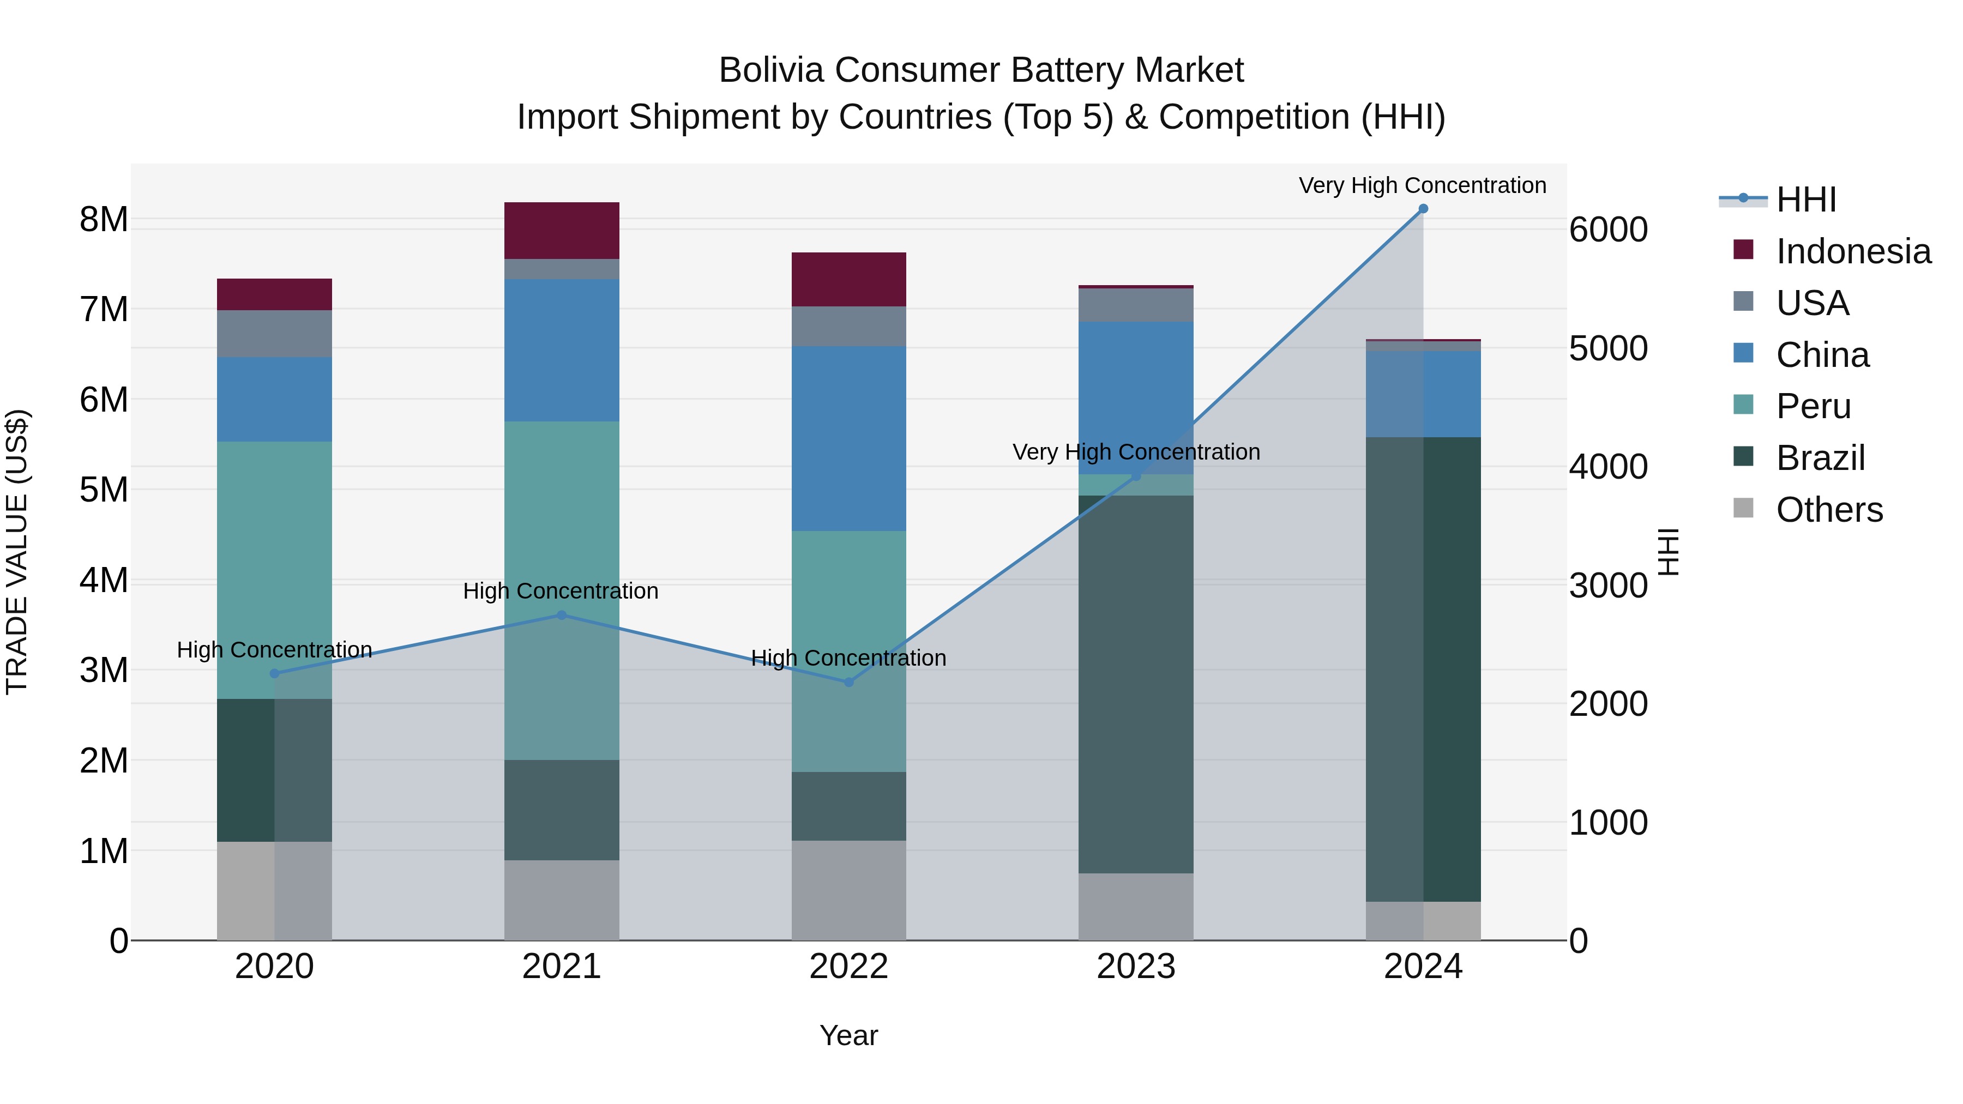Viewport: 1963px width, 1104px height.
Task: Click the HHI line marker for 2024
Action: tap(1423, 209)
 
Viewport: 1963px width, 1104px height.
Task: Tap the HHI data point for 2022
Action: tap(849, 682)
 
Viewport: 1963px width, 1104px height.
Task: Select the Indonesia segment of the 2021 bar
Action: tap(562, 230)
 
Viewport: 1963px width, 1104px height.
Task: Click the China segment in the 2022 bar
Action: tap(849, 438)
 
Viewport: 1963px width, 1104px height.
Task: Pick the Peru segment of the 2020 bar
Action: tap(274, 570)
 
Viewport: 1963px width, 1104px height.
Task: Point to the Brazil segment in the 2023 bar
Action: tap(1135, 684)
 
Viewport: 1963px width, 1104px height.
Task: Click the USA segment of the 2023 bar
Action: tap(1135, 305)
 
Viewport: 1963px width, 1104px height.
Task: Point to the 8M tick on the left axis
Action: tap(104, 219)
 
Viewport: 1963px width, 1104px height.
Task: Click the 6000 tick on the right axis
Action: tap(1608, 230)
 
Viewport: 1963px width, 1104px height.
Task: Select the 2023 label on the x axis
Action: tap(1135, 967)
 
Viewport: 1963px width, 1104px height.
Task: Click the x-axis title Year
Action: tap(848, 1035)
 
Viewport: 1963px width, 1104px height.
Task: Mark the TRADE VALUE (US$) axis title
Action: tap(17, 552)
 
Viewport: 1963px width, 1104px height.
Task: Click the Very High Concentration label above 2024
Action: tap(1422, 185)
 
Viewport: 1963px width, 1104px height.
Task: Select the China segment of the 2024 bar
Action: tap(1423, 394)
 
